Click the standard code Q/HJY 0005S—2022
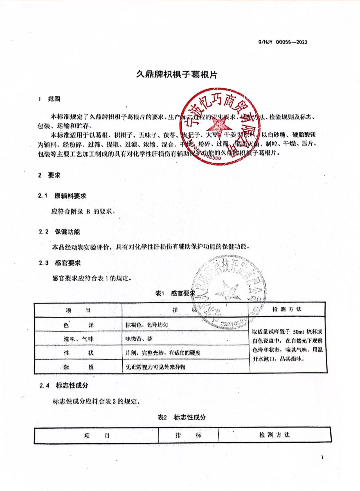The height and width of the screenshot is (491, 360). click(283, 42)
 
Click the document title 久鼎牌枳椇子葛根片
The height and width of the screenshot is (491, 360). click(177, 75)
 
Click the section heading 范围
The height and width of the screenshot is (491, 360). click(54, 99)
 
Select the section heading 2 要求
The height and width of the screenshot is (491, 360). click(49, 175)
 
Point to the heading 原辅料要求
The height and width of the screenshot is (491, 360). click(70, 196)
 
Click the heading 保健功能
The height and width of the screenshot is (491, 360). click(67, 232)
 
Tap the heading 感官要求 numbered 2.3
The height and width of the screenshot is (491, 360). click(68, 263)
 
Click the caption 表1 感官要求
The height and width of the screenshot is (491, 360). click(175, 293)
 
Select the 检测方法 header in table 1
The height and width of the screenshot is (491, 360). click(287, 309)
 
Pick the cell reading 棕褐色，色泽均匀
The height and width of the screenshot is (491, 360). click(147, 325)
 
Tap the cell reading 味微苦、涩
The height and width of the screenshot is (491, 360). click(139, 339)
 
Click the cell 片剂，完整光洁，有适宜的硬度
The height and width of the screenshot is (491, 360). click(163, 353)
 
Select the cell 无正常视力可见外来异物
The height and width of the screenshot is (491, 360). click(155, 367)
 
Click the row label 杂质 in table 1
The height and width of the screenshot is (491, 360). click(78, 367)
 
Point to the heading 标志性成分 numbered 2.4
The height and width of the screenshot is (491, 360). click(72, 385)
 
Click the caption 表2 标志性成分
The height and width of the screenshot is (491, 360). click(181, 417)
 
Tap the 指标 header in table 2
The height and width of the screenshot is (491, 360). click(188, 435)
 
